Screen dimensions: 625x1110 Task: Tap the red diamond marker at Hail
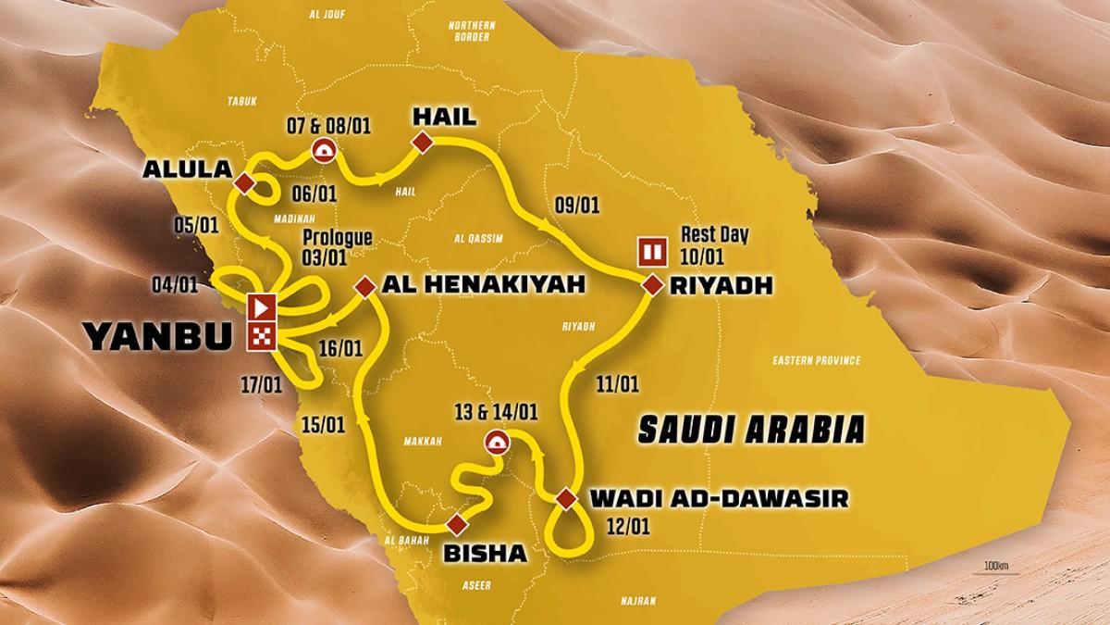[423, 142]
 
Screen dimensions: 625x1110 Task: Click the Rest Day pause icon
[651, 251]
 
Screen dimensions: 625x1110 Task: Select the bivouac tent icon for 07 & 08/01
[324, 148]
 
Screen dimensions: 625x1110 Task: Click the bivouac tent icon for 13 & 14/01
[497, 442]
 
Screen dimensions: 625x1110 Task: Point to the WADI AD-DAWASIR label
[716, 500]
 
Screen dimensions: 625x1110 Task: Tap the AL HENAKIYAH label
[483, 288]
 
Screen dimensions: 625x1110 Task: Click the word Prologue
[338, 238]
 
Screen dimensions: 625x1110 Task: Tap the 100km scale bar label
[995, 566]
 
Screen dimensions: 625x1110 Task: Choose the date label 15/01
[324, 423]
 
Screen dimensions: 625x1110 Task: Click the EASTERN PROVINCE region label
[814, 360]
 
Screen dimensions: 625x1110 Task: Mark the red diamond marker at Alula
[244, 183]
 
